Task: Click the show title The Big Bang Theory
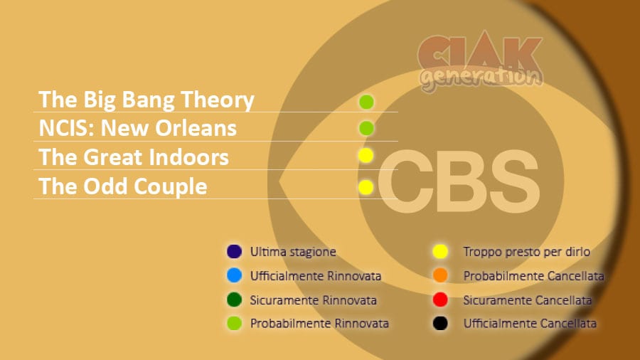pyautogui.click(x=146, y=100)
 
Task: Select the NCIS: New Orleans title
pyautogui.click(x=137, y=128)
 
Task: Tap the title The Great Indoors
pyautogui.click(x=134, y=157)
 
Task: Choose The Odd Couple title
pyautogui.click(x=123, y=186)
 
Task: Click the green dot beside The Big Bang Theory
pyautogui.click(x=366, y=102)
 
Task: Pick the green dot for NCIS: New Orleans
pyautogui.click(x=366, y=128)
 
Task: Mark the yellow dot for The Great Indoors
pyautogui.click(x=366, y=156)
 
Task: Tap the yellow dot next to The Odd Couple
pyautogui.click(x=366, y=187)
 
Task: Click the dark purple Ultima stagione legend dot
pyautogui.click(x=234, y=251)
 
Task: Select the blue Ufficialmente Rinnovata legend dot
pyautogui.click(x=234, y=275)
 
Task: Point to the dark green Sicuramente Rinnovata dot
pyautogui.click(x=234, y=300)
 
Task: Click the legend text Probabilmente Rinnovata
pyautogui.click(x=319, y=323)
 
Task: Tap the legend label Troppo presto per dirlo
pyautogui.click(x=526, y=252)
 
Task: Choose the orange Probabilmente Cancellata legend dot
pyautogui.click(x=440, y=275)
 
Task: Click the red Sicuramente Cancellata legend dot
pyautogui.click(x=440, y=300)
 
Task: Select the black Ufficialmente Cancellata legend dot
pyautogui.click(x=440, y=323)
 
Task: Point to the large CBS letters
pyautogui.click(x=459, y=181)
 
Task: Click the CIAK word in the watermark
pyautogui.click(x=480, y=52)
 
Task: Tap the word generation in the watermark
pyautogui.click(x=481, y=78)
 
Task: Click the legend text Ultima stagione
pyautogui.click(x=293, y=252)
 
